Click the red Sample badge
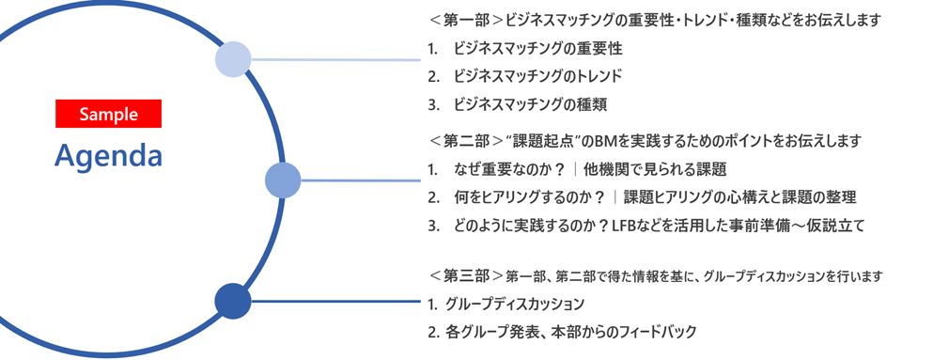pyautogui.click(x=109, y=114)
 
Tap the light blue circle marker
pyautogui.click(x=233, y=60)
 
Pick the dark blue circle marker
pyautogui.click(x=233, y=301)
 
